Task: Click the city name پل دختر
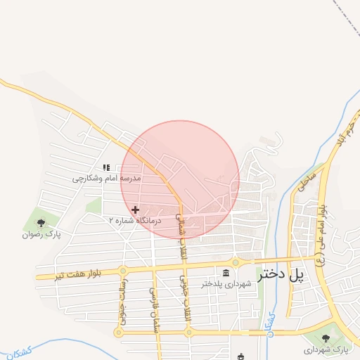(x=283, y=275)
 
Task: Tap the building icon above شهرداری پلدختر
(x=226, y=273)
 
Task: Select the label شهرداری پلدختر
(x=226, y=284)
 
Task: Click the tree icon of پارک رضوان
(x=41, y=222)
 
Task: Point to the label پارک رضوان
(x=41, y=233)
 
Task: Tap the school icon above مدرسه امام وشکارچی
(x=106, y=167)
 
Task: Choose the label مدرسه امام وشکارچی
(x=107, y=179)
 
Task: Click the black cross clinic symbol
(x=135, y=209)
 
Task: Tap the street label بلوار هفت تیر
(x=79, y=271)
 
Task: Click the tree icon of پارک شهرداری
(x=327, y=337)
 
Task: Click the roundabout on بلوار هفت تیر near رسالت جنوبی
(x=122, y=270)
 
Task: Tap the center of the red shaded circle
(x=180, y=179)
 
